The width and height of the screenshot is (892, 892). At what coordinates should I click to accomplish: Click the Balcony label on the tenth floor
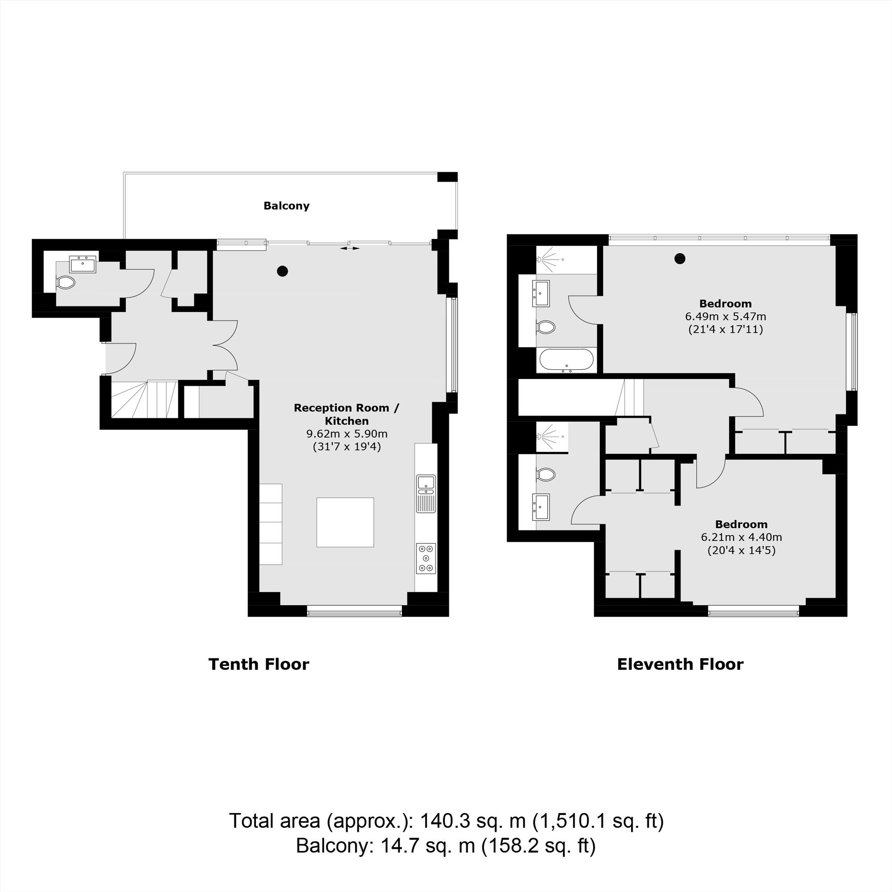coord(286,206)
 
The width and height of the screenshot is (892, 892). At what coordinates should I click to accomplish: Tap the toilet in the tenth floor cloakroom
coord(66,283)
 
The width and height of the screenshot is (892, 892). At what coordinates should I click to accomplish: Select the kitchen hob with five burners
coord(425,558)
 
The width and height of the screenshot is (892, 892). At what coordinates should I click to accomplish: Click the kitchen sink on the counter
coord(425,494)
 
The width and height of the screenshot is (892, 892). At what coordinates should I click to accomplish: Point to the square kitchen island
coord(345,522)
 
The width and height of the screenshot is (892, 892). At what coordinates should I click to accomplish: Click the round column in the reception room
coord(282,271)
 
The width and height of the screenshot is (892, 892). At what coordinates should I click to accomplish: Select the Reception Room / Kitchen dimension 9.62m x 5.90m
coord(347,434)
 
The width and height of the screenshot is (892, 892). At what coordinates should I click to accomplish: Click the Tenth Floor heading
coord(259,665)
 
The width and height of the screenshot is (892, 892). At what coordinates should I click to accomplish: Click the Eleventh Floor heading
coord(680,665)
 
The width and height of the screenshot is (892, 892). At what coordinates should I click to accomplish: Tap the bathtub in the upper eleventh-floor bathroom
coord(566,360)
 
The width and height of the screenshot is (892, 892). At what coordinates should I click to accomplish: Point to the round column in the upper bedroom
coord(679,259)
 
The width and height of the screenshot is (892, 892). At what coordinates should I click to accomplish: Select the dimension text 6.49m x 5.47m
coord(725,317)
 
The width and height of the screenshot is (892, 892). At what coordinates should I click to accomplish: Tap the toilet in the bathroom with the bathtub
coord(545,327)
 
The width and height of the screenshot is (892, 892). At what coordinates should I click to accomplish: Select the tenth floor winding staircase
coord(145,399)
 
